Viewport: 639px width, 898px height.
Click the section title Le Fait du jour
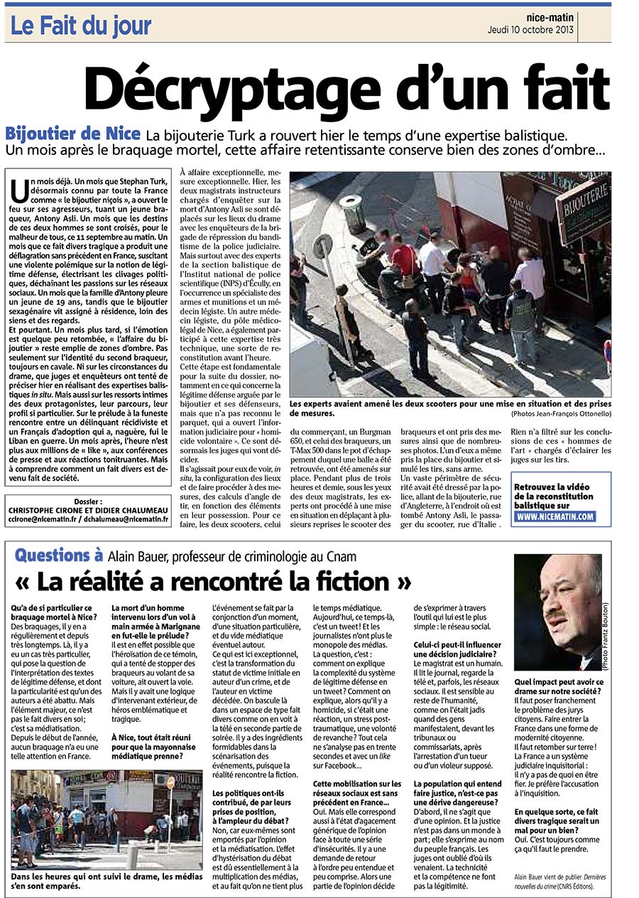81,26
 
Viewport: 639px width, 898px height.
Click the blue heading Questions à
64,556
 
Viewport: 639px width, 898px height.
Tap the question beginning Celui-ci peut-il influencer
459,649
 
